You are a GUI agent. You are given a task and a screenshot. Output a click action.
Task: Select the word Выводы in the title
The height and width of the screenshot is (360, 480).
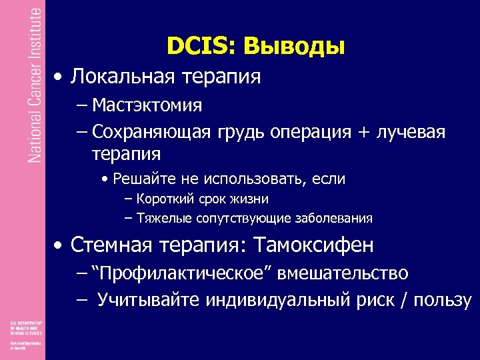pyautogui.click(x=295, y=46)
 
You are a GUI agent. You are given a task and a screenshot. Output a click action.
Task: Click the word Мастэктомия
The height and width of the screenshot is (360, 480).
pyautogui.click(x=147, y=105)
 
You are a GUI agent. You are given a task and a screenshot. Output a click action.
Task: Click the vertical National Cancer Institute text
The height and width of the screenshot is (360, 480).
pyautogui.click(x=35, y=83)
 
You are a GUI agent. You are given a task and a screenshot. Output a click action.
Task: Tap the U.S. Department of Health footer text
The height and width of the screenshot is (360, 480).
pyautogui.click(x=25, y=327)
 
